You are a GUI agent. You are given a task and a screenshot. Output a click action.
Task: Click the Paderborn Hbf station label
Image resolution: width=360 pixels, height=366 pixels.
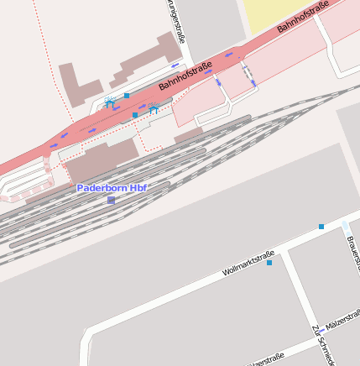[112, 188]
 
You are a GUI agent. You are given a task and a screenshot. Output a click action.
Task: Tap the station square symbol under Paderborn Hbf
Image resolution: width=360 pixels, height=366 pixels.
[111, 200]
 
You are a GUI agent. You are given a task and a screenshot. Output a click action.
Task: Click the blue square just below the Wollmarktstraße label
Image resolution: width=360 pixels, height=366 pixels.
[269, 263]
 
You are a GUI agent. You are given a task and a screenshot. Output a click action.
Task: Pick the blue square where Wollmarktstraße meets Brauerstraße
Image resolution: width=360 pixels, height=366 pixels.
[321, 227]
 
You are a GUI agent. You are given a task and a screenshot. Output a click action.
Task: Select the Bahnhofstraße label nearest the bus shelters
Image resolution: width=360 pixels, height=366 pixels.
[185, 76]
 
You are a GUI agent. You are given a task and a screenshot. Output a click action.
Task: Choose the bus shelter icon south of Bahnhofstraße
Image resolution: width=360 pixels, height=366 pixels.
[154, 107]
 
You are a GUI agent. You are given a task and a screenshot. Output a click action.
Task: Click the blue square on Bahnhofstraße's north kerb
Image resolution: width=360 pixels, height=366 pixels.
[127, 96]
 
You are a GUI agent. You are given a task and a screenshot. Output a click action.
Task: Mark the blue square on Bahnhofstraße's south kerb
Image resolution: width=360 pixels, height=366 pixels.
[135, 115]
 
